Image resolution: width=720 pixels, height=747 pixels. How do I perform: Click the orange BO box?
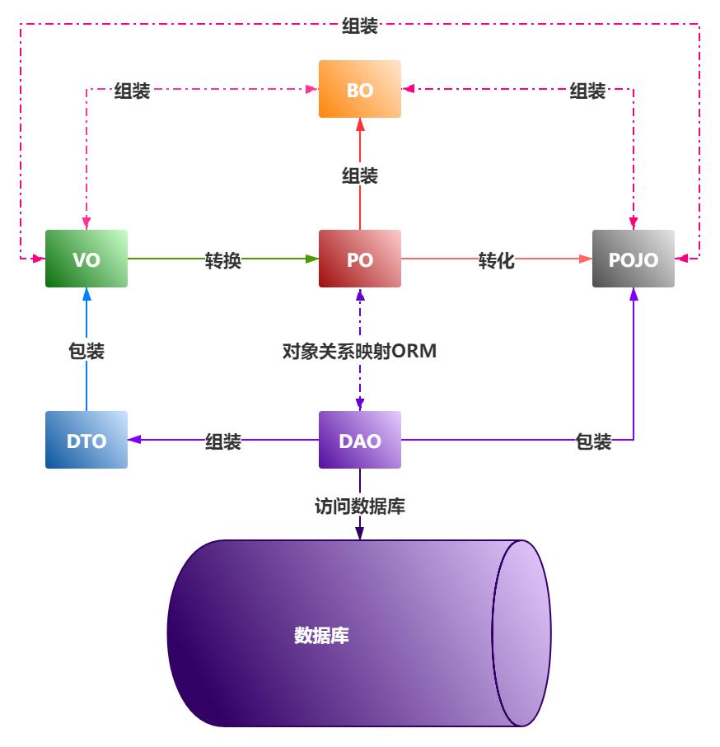coord(360,90)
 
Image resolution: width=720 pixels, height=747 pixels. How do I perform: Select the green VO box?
coord(86,259)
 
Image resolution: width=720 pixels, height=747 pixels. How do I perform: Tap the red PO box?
coord(360,259)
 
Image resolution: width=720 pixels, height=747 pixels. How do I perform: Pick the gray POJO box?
coord(634,259)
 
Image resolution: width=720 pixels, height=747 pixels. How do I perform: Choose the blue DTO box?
coord(86,440)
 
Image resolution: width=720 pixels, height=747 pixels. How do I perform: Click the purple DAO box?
coord(360,440)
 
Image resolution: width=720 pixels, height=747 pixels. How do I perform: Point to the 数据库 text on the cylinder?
coord(322,635)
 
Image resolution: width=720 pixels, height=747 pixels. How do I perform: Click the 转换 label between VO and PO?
coord(223,260)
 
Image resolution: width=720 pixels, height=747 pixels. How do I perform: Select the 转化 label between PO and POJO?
coord(497,260)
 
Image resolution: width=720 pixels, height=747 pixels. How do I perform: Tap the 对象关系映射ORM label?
coord(359,352)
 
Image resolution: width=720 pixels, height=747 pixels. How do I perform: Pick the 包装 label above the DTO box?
coord(86,351)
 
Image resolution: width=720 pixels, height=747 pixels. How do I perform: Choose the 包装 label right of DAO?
coord(593,441)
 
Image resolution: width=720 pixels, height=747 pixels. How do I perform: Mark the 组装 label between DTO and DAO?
coord(223,441)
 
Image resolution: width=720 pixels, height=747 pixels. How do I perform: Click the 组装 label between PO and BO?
coord(360,175)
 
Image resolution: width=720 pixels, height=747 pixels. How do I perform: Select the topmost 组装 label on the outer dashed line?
coord(360,26)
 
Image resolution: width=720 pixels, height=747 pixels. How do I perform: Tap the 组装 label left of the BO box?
coord(132,91)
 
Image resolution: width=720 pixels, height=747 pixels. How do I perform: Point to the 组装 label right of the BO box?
coord(588,91)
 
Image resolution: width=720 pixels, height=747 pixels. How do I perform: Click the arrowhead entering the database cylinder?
coord(360,535)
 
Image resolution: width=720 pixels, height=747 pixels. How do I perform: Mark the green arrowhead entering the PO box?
coord(312,259)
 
